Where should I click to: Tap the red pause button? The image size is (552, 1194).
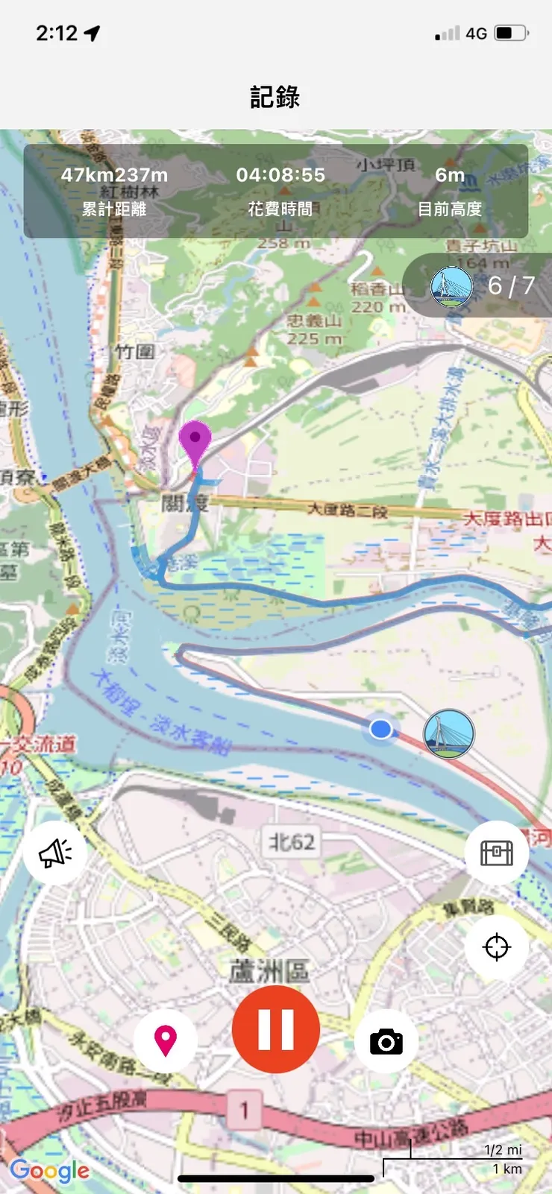click(276, 1029)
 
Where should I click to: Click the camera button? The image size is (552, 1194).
click(386, 1041)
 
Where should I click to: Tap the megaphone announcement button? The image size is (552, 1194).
click(54, 853)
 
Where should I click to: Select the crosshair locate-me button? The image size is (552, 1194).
click(497, 947)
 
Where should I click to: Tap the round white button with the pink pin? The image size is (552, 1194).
click(166, 1040)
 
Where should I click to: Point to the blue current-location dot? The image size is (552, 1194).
click(381, 729)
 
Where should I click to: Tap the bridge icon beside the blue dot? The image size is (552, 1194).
click(449, 734)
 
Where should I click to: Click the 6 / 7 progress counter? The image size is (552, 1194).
click(511, 285)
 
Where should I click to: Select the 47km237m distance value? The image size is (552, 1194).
click(114, 175)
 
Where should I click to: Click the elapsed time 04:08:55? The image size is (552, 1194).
click(280, 175)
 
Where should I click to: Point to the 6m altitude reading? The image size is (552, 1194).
click(450, 175)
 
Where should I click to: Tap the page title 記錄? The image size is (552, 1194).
click(275, 97)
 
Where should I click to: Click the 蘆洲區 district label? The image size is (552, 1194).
click(269, 971)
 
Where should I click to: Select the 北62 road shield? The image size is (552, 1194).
click(292, 842)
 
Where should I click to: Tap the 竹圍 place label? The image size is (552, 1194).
click(135, 352)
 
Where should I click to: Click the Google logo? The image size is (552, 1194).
click(50, 1171)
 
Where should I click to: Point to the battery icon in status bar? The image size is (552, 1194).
click(512, 34)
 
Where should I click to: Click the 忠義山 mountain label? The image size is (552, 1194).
click(314, 321)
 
